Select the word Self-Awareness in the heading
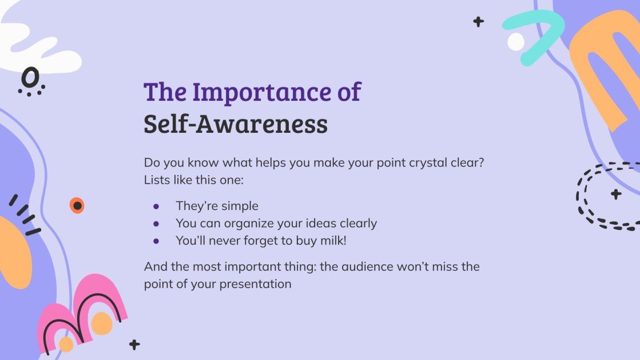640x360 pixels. pyautogui.click(x=235, y=124)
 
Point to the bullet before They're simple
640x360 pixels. pyautogui.click(x=156, y=206)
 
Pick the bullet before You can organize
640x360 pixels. pyautogui.click(x=156, y=224)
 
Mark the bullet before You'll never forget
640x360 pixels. pyautogui.click(x=156, y=241)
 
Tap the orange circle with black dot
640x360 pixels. pyautogui.click(x=77, y=205)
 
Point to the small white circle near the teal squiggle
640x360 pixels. pyautogui.click(x=515, y=41)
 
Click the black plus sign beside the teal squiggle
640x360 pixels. pyautogui.click(x=478, y=22)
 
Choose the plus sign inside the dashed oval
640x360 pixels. pyautogui.click(x=616, y=194)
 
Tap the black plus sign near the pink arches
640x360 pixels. pyautogui.click(x=134, y=345)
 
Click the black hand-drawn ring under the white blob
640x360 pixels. pyautogui.click(x=30, y=77)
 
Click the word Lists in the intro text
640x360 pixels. pyautogui.click(x=158, y=180)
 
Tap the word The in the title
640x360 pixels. pyautogui.click(x=163, y=92)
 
